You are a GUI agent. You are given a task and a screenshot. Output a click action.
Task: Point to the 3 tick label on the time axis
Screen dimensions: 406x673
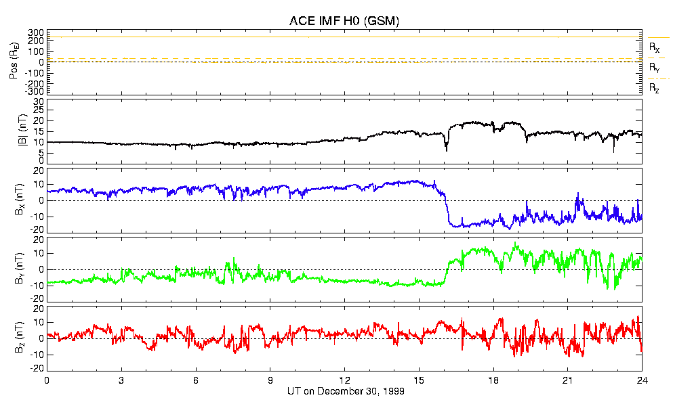tap(121, 380)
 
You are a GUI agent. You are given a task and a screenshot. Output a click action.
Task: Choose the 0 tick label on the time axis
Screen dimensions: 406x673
tap(47, 380)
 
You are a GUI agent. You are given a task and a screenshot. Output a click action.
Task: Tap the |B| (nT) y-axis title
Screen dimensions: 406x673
tap(13, 132)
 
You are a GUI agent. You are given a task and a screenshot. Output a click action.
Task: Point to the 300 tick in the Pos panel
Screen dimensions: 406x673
tap(35, 32)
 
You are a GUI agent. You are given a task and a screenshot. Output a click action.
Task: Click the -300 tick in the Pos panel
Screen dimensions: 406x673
tap(34, 91)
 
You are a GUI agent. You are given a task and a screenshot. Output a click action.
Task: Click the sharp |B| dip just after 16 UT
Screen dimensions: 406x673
tap(446, 150)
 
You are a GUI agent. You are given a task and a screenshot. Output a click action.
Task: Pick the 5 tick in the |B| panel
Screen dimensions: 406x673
tap(41, 152)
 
